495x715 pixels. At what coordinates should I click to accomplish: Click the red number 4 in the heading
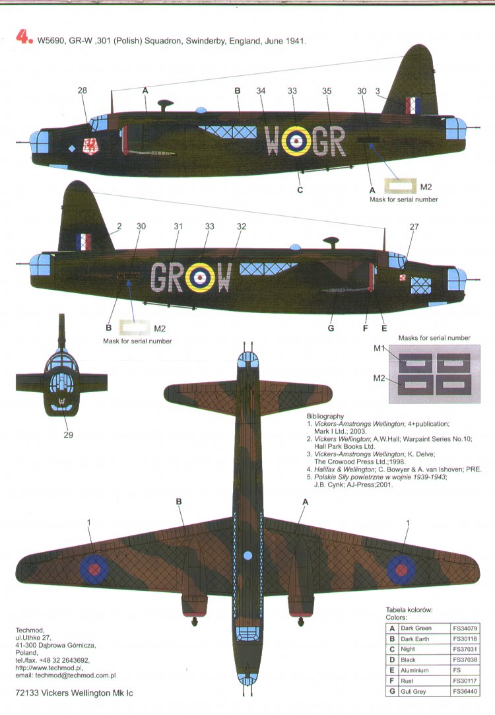23,39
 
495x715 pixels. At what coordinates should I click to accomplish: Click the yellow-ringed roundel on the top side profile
296,141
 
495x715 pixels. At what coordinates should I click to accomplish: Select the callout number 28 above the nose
82,90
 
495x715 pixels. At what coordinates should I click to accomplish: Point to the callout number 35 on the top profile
326,91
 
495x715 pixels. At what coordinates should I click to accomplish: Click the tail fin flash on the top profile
413,106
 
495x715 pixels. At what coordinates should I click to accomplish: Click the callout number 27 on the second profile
414,226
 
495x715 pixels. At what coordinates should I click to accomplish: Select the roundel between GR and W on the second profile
200,277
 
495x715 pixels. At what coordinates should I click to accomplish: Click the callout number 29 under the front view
69,434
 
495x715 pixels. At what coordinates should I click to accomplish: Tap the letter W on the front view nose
61,401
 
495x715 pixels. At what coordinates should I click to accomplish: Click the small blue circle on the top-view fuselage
247,555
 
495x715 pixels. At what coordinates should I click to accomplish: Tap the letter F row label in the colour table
392,681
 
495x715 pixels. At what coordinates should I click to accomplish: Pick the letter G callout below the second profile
330,327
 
